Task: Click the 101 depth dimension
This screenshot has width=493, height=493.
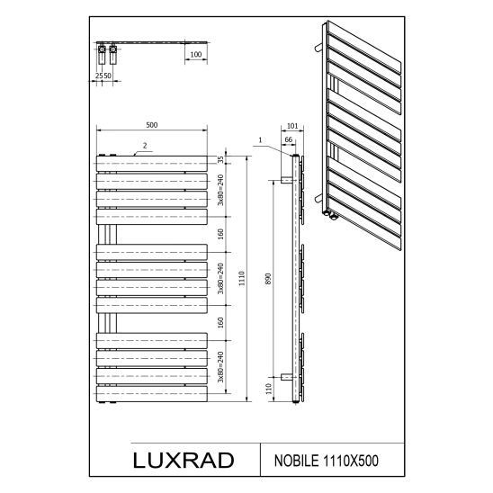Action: (x=291, y=126)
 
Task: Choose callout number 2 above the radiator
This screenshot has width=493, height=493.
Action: (x=145, y=144)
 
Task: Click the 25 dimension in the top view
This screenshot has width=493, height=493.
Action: (x=98, y=77)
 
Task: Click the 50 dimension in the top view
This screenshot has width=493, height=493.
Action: (x=107, y=77)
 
